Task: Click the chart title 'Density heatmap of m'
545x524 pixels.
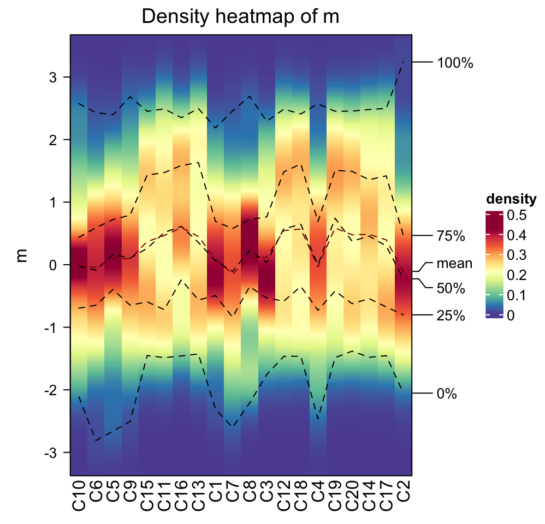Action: pyautogui.click(x=240, y=16)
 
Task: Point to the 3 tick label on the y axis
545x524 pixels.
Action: pyautogui.click(x=52, y=78)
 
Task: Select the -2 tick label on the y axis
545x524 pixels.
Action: pyautogui.click(x=49, y=390)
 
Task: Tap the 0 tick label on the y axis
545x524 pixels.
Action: pyautogui.click(x=52, y=265)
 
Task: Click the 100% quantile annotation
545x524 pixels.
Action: pyautogui.click(x=455, y=63)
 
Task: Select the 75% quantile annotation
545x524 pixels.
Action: pyautogui.click(x=451, y=236)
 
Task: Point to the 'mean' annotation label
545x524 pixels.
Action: pyautogui.click(x=454, y=264)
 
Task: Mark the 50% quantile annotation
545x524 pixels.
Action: pyautogui.click(x=451, y=288)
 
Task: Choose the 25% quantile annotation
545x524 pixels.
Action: pyautogui.click(x=451, y=316)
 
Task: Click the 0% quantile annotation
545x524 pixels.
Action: pyautogui.click(x=447, y=394)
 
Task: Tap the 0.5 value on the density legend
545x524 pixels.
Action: pyautogui.click(x=516, y=216)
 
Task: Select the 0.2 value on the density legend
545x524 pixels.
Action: pyautogui.click(x=516, y=276)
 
